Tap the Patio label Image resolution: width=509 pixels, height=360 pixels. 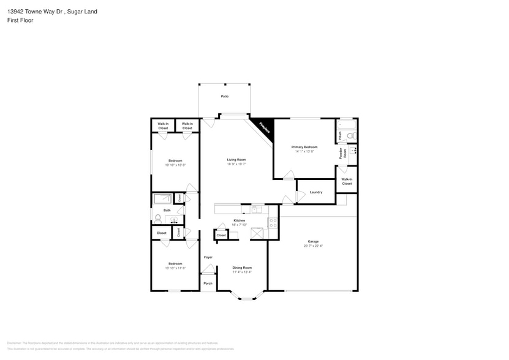[x=225, y=96]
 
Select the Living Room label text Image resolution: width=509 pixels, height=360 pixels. [x=236, y=159]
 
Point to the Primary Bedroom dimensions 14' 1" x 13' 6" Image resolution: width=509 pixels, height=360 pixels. [x=304, y=151]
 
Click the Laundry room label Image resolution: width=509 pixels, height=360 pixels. [x=316, y=192]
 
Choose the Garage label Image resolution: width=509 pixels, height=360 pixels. [x=313, y=241]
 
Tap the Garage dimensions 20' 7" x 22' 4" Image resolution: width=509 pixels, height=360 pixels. [x=313, y=246]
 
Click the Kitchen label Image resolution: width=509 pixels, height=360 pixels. [x=239, y=220]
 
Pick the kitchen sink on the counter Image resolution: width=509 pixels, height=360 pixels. [x=257, y=209]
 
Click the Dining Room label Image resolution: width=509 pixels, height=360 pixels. [x=242, y=268]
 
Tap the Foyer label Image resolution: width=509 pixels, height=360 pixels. [x=208, y=257]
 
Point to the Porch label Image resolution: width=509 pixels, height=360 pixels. [x=208, y=283]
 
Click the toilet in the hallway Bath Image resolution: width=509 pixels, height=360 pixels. [x=158, y=218]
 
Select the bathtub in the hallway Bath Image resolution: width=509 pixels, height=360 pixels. [x=163, y=198]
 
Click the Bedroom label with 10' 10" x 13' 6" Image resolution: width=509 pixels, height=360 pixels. [x=175, y=160]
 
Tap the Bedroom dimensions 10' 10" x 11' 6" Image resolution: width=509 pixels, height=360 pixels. [x=175, y=268]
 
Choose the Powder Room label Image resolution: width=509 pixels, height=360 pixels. [x=343, y=152]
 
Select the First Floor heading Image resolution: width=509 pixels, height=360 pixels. [x=20, y=20]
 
